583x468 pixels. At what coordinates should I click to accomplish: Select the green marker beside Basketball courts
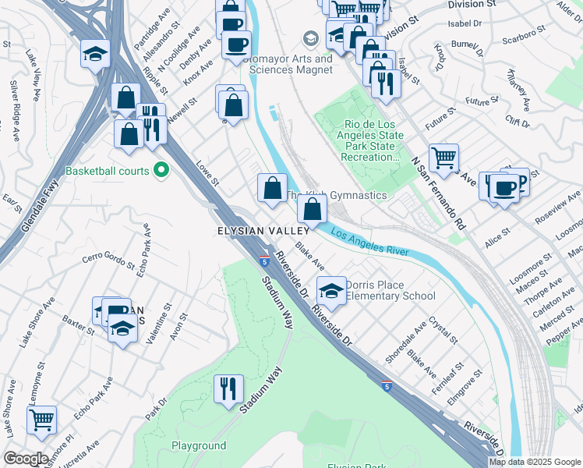click(161, 169)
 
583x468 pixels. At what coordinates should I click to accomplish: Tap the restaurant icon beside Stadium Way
click(228, 388)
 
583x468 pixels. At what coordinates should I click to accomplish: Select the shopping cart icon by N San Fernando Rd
click(443, 158)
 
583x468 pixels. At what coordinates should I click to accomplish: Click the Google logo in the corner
click(26, 458)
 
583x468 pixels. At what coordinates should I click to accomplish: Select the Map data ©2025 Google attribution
click(535, 462)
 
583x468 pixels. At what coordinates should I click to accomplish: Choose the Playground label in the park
click(199, 446)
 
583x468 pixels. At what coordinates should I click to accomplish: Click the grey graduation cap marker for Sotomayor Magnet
click(310, 38)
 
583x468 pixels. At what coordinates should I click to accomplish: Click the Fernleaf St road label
click(450, 371)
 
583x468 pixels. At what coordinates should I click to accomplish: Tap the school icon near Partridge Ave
click(94, 54)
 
